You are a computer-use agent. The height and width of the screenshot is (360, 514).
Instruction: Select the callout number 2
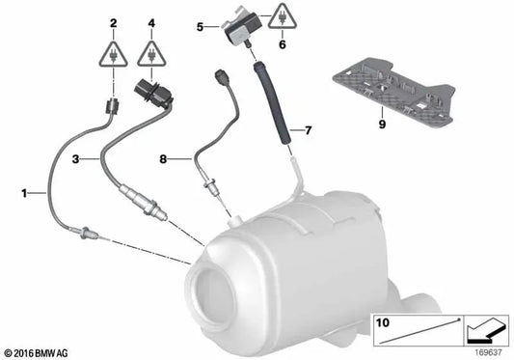113,22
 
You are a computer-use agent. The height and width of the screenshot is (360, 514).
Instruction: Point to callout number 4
151,22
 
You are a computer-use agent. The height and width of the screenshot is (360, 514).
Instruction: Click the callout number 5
200,28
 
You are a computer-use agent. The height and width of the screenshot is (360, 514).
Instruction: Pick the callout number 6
282,44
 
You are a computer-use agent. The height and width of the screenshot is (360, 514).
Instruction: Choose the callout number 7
309,127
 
